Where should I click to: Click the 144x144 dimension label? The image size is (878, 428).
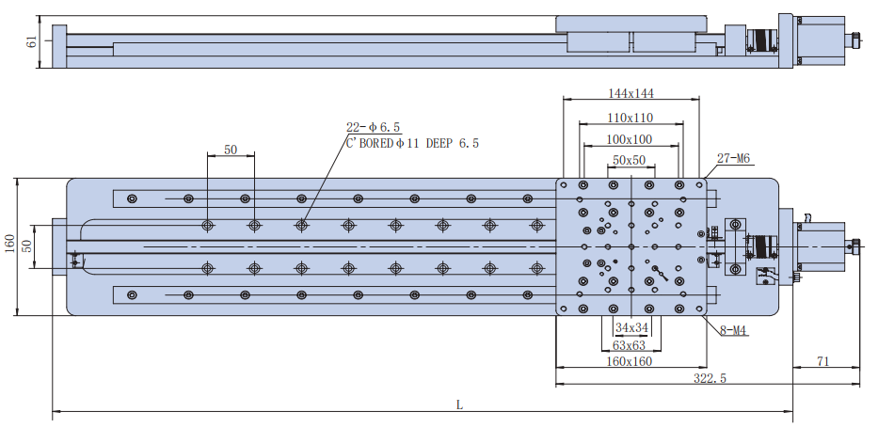click(631, 93)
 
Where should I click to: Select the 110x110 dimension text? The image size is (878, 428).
click(631, 118)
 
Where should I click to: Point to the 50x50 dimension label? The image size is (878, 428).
click(629, 161)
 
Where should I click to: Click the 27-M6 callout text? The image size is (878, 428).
click(733, 159)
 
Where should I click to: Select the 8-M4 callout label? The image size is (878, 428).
click(733, 330)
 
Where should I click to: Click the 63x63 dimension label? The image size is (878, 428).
click(630, 345)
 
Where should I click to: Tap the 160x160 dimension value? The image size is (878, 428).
click(630, 361)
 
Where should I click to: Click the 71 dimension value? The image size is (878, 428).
click(822, 361)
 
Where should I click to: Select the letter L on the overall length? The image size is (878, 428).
click(459, 405)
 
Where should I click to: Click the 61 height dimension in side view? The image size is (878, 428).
click(32, 41)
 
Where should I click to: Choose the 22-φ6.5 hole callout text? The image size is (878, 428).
click(373, 127)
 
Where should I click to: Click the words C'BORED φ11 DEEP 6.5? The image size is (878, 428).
click(413, 144)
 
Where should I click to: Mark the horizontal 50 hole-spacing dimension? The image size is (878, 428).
click(231, 151)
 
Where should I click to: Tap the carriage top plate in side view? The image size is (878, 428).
click(631, 24)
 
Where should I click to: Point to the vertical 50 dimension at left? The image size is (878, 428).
click(27, 246)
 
